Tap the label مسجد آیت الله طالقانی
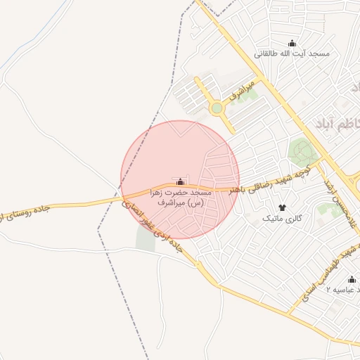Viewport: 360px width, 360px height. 292,54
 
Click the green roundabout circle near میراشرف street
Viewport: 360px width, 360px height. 217,108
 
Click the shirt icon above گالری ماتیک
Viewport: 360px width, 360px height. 283,207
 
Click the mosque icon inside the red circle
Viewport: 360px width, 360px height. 181,181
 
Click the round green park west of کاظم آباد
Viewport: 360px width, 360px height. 301,150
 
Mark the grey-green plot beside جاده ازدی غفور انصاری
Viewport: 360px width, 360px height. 145,239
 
